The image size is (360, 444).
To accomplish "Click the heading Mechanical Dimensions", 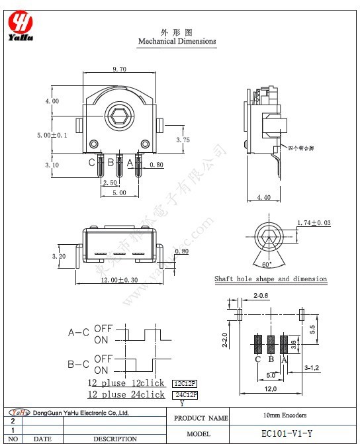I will pos(177,41).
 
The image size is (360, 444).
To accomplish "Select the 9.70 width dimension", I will pos(120,69).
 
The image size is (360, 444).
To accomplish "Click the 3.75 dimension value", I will pos(183,140).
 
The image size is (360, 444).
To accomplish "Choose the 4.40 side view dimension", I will pos(263,197).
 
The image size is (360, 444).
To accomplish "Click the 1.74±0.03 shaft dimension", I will pos(314,222).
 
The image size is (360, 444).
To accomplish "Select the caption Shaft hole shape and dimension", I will pos(271,279).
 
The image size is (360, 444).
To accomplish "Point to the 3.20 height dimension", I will pos(59,255).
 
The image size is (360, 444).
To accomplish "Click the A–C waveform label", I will pos(79,333).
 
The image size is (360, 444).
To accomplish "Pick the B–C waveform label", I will pos(79,364).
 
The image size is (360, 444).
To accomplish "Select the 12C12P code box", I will pos(185,384).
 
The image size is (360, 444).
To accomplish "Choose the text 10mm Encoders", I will pos(285,416).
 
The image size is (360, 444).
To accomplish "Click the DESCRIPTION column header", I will pos(115,439).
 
